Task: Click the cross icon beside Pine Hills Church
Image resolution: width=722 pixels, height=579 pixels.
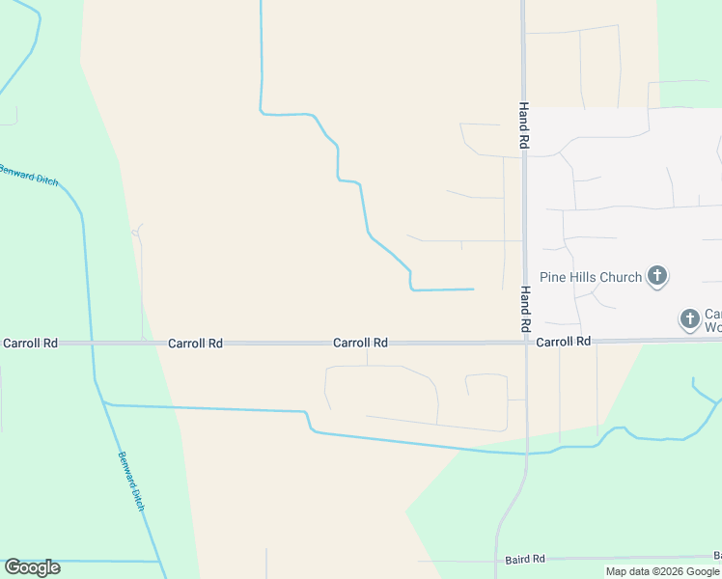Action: (656, 278)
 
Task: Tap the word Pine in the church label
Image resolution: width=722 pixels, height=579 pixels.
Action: (554, 278)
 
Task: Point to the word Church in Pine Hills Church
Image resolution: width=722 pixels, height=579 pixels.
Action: (621, 278)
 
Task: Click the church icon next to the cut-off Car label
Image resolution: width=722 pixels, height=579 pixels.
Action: (689, 318)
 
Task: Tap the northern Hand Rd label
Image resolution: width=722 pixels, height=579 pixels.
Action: (524, 125)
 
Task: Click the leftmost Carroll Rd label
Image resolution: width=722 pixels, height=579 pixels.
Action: (30, 343)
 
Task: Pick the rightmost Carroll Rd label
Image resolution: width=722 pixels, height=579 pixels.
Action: (563, 342)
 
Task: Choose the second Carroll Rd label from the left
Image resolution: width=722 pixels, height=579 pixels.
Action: (195, 343)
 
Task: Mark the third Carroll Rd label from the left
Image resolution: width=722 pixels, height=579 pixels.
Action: (360, 343)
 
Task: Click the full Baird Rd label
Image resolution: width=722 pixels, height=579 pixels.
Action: (525, 559)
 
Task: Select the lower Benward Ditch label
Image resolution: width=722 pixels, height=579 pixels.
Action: (131, 481)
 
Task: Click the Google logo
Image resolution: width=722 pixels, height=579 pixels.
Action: (32, 567)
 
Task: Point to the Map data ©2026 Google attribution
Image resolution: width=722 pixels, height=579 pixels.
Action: (662, 571)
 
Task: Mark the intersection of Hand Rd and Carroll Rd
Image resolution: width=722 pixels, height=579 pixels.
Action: (525, 341)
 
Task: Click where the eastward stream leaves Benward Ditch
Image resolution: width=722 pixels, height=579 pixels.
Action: (104, 404)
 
